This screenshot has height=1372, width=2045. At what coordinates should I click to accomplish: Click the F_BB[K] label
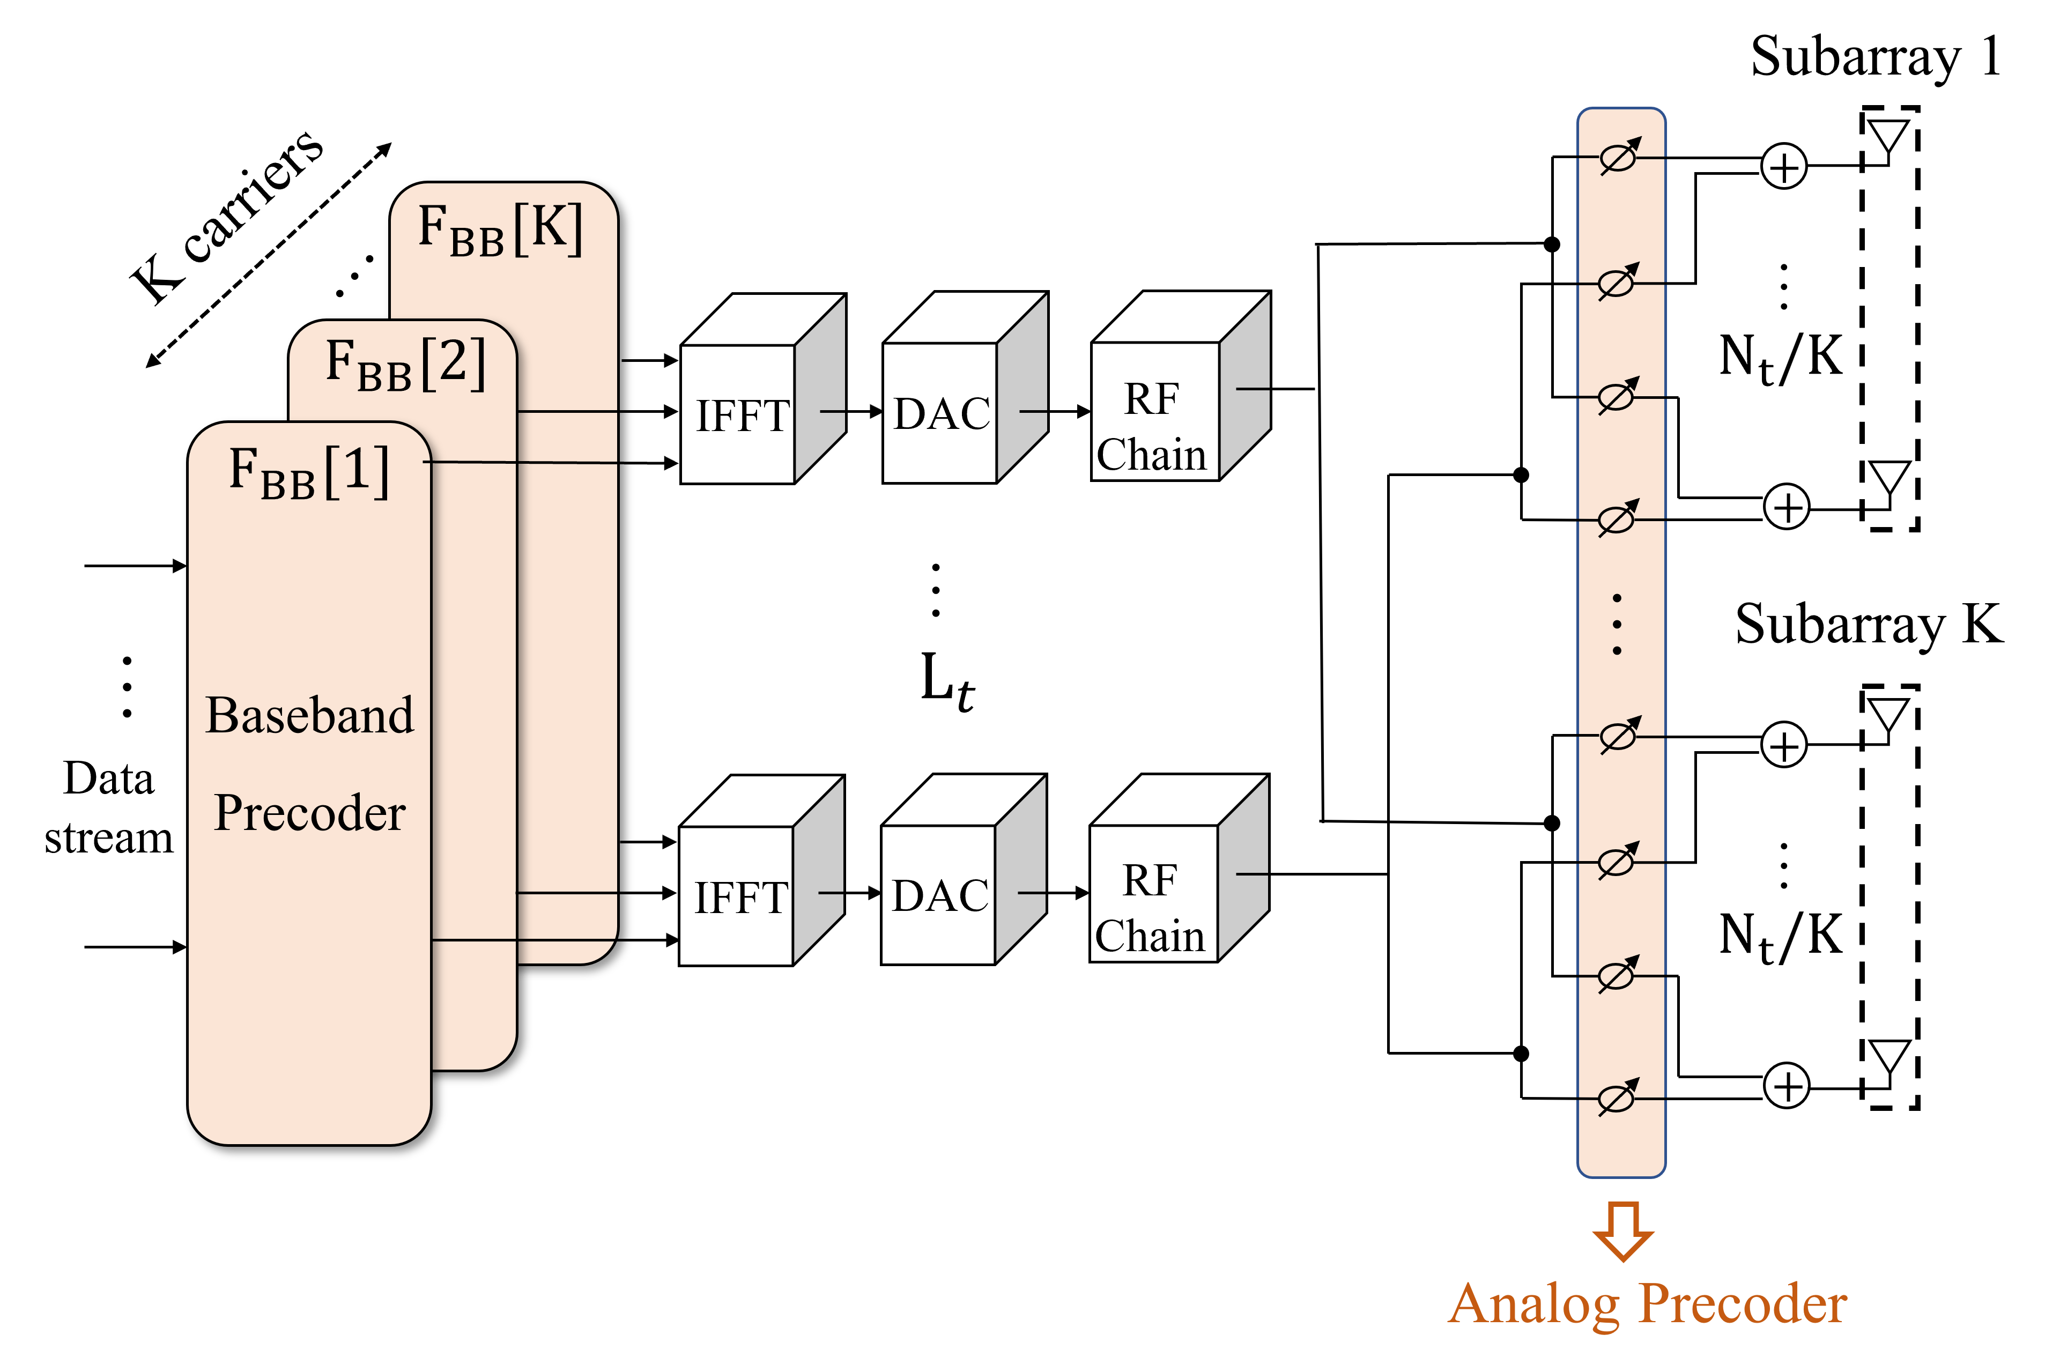tap(500, 229)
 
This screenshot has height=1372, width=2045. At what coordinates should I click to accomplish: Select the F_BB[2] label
tap(404, 364)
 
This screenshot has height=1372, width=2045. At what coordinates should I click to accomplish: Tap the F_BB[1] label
tap(308, 472)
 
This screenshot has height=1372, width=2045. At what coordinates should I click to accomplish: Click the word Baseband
tap(310, 716)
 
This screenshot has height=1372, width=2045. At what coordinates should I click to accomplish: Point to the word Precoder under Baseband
tap(310, 813)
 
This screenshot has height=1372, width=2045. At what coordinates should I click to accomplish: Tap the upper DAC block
tap(942, 413)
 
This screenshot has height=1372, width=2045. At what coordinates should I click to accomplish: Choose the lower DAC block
tap(940, 895)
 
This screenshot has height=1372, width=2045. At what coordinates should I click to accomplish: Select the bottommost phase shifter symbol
tap(1617, 1097)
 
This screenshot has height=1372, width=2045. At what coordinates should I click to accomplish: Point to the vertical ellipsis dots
tap(1617, 625)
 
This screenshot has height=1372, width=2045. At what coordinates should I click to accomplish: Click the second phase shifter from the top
tap(1617, 283)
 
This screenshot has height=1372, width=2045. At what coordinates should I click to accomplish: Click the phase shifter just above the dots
tap(1617, 520)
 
